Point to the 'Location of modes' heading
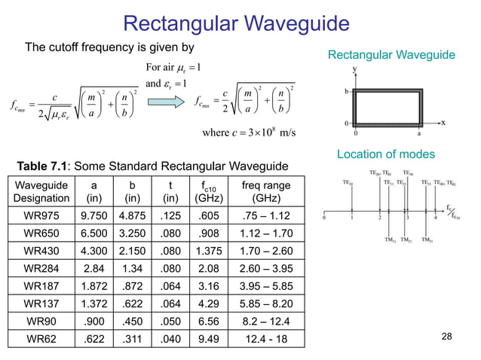pos(392,154)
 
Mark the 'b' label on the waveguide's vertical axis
pos(345,88)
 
